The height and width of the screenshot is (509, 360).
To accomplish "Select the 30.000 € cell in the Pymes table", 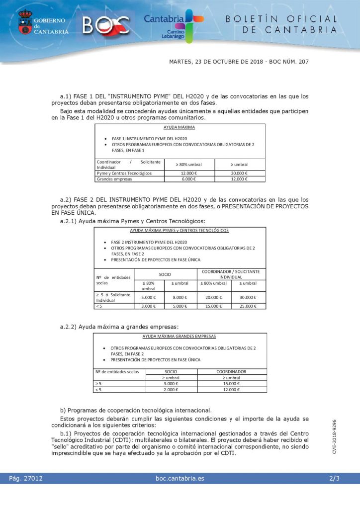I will click(248, 297).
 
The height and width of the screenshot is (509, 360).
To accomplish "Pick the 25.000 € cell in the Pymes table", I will click(248, 306).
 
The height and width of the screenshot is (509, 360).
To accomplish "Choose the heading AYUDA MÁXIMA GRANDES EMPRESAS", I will click(180, 337).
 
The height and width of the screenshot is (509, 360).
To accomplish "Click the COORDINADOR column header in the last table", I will click(231, 371).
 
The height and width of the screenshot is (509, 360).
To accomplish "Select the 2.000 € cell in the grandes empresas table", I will click(171, 390).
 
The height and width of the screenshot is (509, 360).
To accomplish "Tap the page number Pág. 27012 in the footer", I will click(26, 479).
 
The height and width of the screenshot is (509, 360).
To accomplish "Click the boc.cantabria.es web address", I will click(180, 479).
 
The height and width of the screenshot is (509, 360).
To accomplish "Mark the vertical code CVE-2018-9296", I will click(335, 436).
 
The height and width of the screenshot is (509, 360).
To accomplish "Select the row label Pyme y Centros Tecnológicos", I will click(124, 173).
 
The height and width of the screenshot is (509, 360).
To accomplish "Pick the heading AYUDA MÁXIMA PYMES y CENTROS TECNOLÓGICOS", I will click(180, 231).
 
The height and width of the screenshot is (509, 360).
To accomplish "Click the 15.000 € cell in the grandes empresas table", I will click(231, 383).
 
